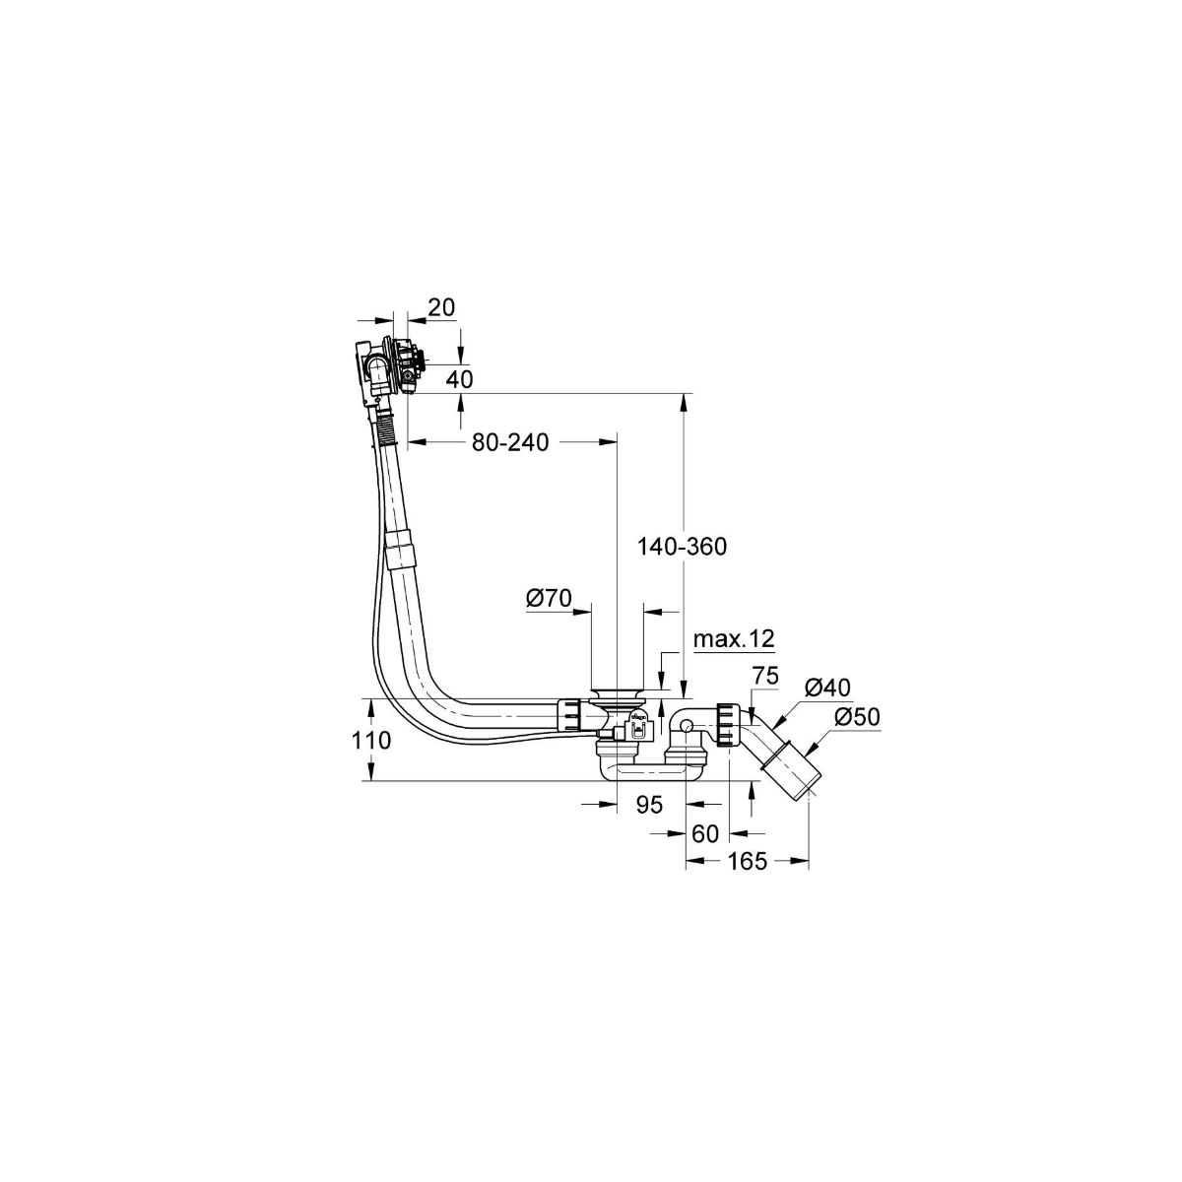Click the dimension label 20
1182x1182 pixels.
(441, 307)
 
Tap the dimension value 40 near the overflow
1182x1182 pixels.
(460, 378)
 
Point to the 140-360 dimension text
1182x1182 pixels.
(683, 547)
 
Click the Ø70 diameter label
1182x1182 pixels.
(550, 597)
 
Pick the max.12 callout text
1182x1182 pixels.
(734, 639)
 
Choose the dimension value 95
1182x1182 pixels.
(647, 805)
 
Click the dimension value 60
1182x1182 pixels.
(705, 833)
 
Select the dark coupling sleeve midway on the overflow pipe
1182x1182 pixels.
(400, 549)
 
